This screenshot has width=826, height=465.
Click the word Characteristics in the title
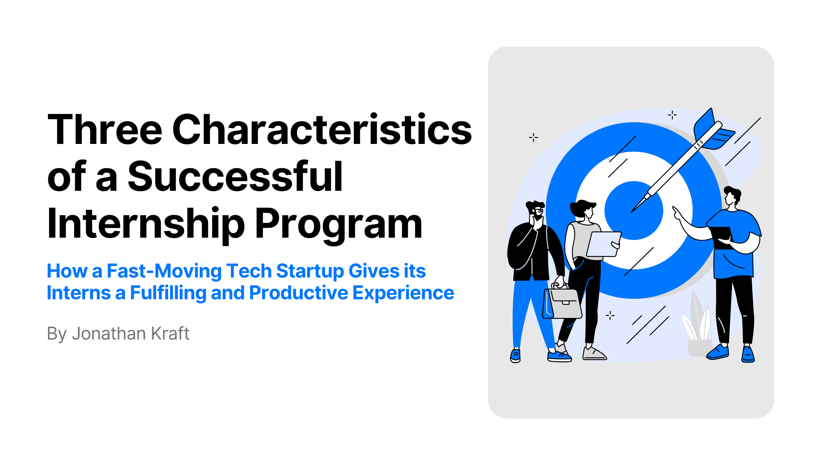tap(322, 129)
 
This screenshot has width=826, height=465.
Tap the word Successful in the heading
tap(235, 176)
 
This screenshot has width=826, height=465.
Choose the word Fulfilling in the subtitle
tap(168, 293)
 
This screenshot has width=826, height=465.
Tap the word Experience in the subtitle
tap(403, 293)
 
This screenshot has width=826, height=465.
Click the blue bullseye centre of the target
tap(634, 210)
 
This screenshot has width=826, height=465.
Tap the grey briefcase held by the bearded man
tap(562, 302)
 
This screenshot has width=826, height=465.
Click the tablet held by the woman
tap(604, 244)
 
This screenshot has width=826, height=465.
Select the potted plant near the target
tap(698, 325)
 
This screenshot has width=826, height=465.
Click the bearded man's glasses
tap(538, 211)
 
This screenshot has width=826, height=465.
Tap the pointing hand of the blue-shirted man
tap(677, 213)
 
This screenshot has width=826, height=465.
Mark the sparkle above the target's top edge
tap(672, 115)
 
